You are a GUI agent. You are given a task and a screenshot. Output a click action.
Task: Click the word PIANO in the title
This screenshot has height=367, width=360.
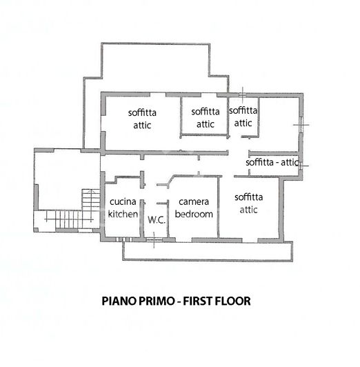click(x=118, y=301)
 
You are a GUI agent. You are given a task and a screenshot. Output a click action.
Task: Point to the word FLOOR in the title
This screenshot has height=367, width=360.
click(x=234, y=301)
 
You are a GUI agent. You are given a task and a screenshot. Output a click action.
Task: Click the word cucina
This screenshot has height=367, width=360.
click(x=123, y=201)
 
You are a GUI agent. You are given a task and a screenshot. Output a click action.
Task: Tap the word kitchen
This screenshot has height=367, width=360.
click(x=123, y=214)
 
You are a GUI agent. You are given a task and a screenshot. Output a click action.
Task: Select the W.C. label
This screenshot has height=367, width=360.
click(x=156, y=220)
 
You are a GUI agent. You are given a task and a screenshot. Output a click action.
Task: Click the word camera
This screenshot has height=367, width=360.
click(x=194, y=201)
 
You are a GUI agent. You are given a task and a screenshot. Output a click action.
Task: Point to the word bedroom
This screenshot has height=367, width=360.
click(x=194, y=214)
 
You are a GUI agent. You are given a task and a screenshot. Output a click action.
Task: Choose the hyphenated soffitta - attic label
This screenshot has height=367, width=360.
click(x=272, y=162)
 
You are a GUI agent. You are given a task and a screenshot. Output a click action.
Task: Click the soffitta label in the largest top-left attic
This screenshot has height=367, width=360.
click(x=142, y=112)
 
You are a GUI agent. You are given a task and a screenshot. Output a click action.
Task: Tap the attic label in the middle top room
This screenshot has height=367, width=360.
click(x=206, y=124)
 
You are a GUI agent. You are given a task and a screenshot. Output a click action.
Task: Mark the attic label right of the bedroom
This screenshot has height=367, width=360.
click(x=249, y=210)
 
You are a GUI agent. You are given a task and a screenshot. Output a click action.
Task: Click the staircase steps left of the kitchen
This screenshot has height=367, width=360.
click(x=87, y=200)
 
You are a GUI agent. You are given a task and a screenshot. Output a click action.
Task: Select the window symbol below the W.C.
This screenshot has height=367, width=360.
click(x=153, y=239)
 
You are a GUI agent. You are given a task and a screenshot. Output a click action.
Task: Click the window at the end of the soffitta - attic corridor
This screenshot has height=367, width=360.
click(x=301, y=164)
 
